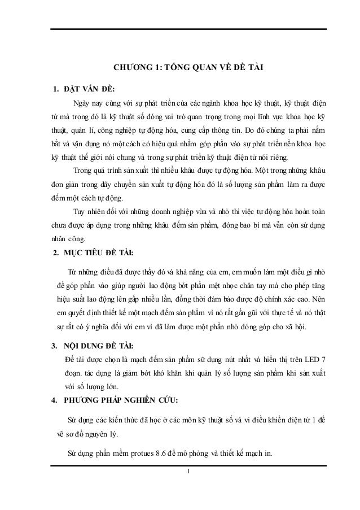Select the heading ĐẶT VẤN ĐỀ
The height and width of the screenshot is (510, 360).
tap(90, 89)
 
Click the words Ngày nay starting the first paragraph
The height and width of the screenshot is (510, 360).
tap(86, 103)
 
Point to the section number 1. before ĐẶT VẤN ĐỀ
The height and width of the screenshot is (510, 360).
tap(55, 89)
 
